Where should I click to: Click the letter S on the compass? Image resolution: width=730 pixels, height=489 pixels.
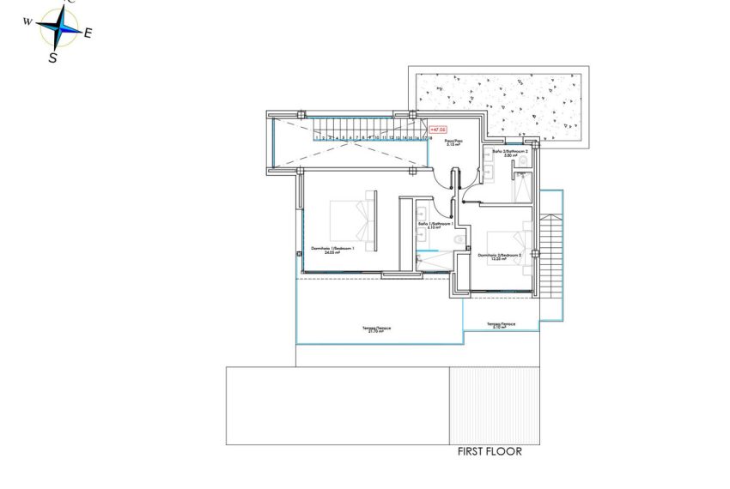(53, 57)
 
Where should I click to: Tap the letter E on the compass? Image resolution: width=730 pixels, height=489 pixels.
(88, 33)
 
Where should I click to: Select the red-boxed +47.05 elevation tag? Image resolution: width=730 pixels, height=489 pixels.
(438, 130)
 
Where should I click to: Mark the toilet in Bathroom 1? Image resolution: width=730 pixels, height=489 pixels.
(457, 239)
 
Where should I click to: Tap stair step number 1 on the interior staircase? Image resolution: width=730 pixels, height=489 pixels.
(315, 136)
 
